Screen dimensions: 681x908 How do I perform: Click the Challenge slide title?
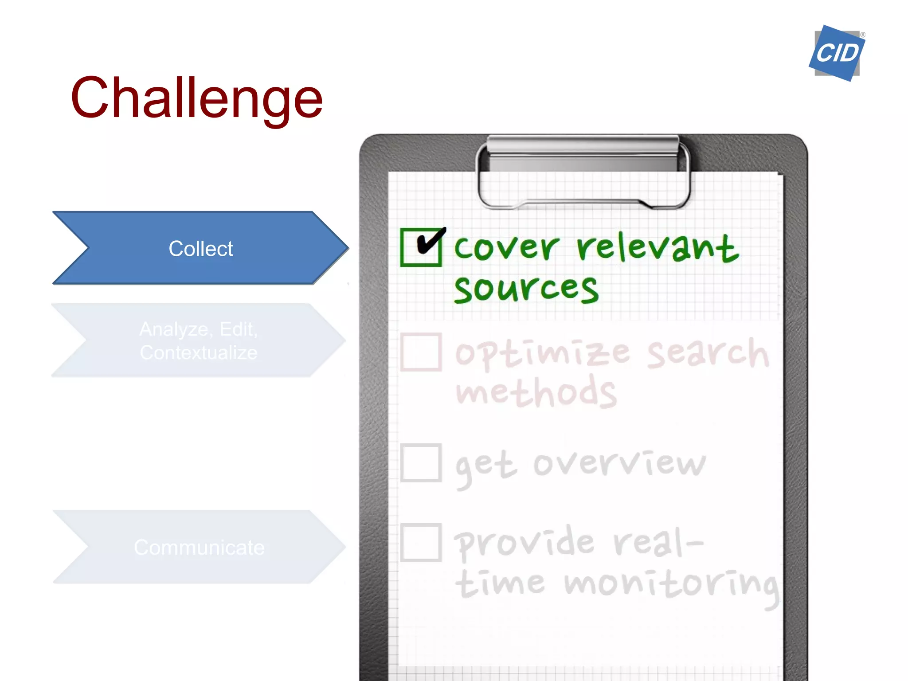click(196, 98)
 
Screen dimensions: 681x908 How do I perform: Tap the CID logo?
click(837, 53)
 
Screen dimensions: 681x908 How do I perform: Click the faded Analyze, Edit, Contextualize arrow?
click(198, 340)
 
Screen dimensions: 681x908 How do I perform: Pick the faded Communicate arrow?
click(199, 547)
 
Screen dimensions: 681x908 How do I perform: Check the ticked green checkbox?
click(421, 247)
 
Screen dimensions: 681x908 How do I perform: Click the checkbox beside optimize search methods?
click(421, 352)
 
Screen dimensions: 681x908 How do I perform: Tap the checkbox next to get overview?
click(421, 462)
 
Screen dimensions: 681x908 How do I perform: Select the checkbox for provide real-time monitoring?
click(421, 542)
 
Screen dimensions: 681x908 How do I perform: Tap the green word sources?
click(526, 289)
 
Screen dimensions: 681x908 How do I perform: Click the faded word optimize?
click(542, 353)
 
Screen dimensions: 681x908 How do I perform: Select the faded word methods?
click(536, 392)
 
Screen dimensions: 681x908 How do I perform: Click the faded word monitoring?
click(671, 585)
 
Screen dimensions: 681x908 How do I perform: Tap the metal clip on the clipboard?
click(583, 171)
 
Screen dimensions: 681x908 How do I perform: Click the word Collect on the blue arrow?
click(200, 248)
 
